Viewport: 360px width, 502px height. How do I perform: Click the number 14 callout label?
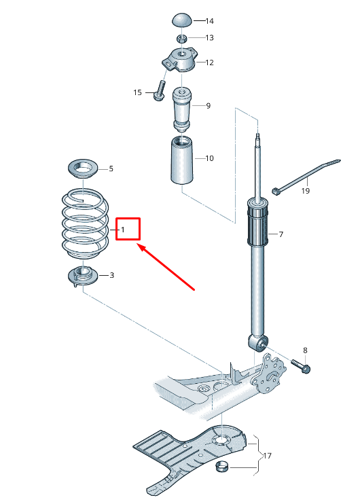click(210, 21)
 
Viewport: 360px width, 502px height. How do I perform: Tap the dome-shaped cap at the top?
click(183, 20)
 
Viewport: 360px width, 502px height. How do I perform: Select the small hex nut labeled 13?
click(182, 39)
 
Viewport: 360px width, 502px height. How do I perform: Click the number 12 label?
click(210, 62)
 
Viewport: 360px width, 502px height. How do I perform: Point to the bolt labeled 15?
click(160, 90)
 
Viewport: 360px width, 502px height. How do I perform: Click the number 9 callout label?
click(209, 106)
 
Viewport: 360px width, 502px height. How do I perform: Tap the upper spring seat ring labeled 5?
click(83, 169)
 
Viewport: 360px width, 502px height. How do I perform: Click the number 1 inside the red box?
click(123, 230)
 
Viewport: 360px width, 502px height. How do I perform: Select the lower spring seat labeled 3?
click(83, 275)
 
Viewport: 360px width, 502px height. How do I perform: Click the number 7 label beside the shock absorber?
click(281, 234)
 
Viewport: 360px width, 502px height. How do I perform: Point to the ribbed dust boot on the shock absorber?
click(257, 221)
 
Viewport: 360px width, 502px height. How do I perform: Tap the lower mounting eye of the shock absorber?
click(258, 342)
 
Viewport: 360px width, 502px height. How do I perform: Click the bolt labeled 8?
click(301, 365)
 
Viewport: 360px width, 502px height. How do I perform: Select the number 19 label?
click(306, 191)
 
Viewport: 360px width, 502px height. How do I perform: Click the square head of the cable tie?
click(274, 191)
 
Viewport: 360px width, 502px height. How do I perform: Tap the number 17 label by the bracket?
click(267, 455)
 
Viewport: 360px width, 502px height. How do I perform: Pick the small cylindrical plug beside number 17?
click(222, 467)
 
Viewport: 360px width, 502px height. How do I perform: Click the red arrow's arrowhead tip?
click(137, 245)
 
